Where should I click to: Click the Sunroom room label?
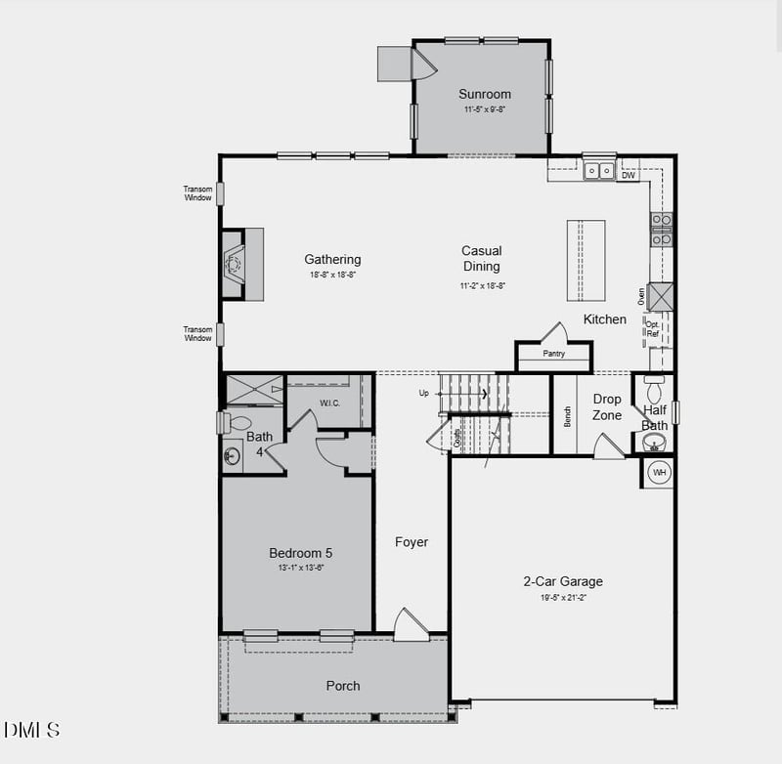[485, 95]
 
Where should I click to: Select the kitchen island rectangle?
[586, 261]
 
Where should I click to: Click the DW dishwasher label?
[629, 176]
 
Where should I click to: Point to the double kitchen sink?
[599, 171]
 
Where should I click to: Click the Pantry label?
[553, 354]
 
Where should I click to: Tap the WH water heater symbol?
[659, 473]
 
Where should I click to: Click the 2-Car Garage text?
[562, 581]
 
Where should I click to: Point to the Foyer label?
[412, 542]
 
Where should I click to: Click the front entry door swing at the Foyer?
[410, 625]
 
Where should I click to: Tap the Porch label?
[343, 686]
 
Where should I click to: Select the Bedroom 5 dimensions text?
[300, 568]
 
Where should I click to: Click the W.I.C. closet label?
[328, 403]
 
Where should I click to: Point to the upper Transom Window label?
[197, 193]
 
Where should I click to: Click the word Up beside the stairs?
[423, 393]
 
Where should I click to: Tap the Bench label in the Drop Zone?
[567, 416]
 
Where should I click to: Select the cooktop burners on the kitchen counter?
[662, 229]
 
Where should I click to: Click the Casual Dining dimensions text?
[482, 286]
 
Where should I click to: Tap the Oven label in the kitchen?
[641, 296]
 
